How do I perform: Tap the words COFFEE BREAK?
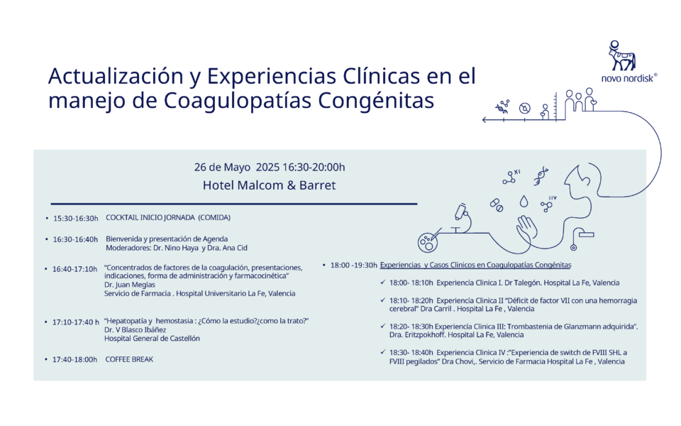[x=129, y=359]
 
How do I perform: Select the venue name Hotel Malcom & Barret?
[x=270, y=185]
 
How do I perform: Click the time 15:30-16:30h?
[x=76, y=218]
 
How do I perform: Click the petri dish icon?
[x=428, y=241]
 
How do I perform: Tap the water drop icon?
[x=524, y=201]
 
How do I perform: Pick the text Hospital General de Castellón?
[x=152, y=338]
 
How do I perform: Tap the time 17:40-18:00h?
[x=74, y=359]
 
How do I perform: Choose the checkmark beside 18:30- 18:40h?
[x=382, y=352]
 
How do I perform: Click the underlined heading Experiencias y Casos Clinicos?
[x=475, y=265]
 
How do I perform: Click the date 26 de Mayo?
[x=222, y=168]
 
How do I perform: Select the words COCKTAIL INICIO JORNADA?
[x=150, y=217]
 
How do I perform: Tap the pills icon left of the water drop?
[x=497, y=205]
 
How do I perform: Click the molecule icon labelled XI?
[x=511, y=177]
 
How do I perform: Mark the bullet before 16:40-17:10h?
[x=46, y=269]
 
